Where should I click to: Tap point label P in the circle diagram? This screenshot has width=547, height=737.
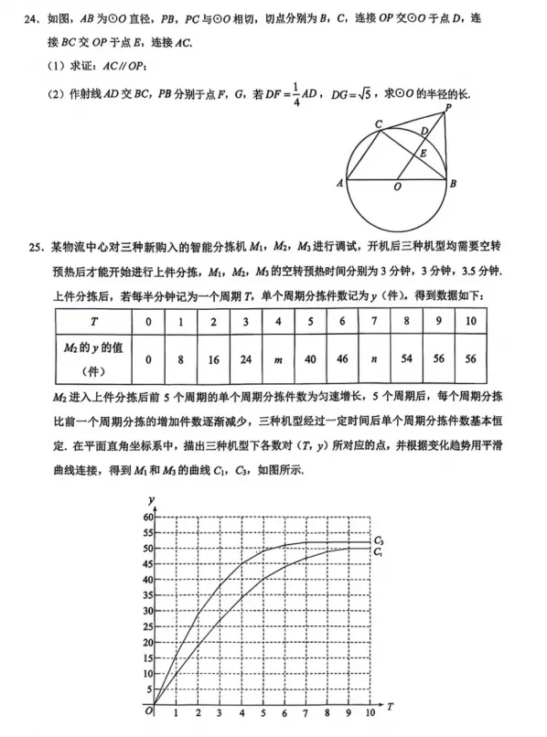(x=448, y=109)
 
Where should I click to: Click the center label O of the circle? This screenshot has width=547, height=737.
(x=396, y=187)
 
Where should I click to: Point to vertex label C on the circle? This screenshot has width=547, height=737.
(x=378, y=123)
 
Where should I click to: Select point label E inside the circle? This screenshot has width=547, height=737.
(x=423, y=154)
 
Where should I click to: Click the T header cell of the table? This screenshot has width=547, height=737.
(x=94, y=322)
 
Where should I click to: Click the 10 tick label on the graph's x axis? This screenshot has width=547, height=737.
(x=370, y=713)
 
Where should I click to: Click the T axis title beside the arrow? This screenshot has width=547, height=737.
(x=390, y=707)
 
